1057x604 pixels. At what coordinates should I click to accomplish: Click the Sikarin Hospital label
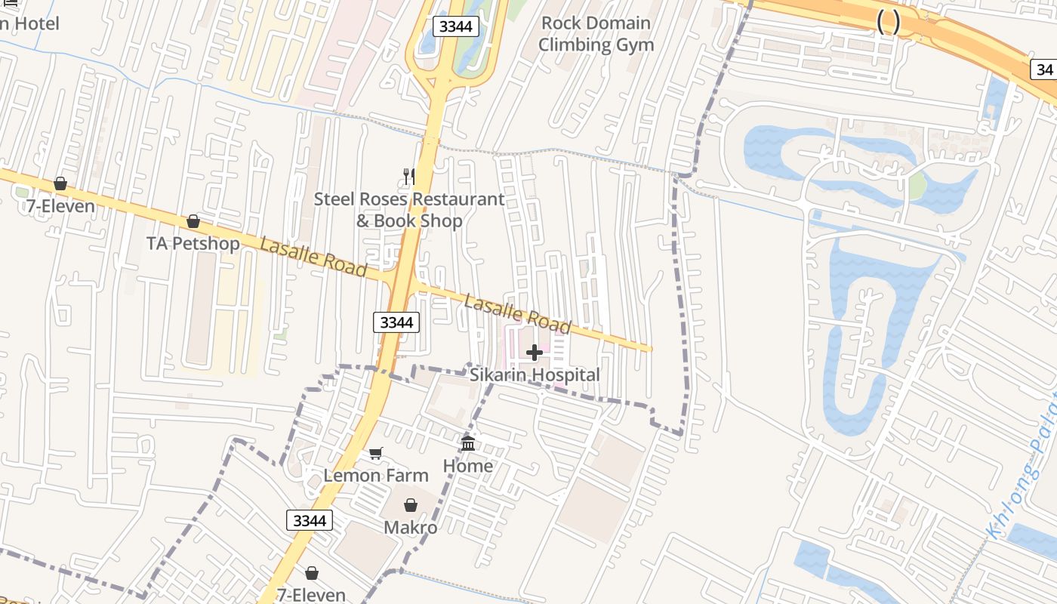[535, 374]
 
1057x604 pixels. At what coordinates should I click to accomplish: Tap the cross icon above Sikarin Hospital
[535, 353]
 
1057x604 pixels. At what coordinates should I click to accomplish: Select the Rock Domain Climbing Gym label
[596, 34]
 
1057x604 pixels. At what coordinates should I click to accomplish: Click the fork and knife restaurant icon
[409, 177]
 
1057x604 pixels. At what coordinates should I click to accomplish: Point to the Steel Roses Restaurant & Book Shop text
[409, 210]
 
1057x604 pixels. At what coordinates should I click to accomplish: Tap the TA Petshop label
[193, 243]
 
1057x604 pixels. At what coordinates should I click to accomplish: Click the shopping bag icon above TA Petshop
[193, 221]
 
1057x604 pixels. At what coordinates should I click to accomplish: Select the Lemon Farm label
[376, 476]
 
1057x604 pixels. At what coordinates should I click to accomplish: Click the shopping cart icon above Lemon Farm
[375, 454]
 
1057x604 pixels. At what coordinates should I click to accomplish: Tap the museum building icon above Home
[468, 443]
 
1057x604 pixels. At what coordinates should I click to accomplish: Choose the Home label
[468, 466]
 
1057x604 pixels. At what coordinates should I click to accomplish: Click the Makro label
[411, 527]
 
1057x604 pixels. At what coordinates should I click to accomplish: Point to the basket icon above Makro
[411, 505]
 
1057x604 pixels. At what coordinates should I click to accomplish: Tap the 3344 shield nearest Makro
[310, 520]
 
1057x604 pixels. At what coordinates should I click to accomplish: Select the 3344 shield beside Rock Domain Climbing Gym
[455, 26]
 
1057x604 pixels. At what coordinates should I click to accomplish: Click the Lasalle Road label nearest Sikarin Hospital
[517, 314]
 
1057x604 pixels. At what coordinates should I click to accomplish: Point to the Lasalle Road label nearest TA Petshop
[313, 257]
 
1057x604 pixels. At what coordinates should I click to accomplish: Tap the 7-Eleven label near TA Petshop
[60, 206]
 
